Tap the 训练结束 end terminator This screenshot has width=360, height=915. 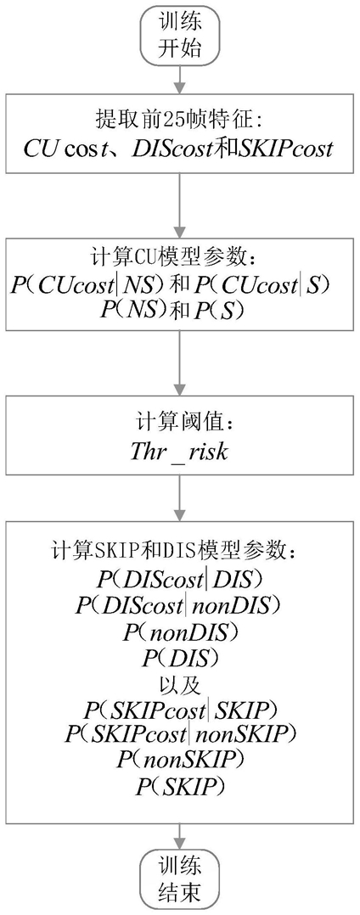click(x=180, y=880)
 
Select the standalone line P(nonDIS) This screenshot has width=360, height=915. click(x=180, y=632)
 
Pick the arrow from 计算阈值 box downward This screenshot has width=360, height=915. click(x=180, y=496)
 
